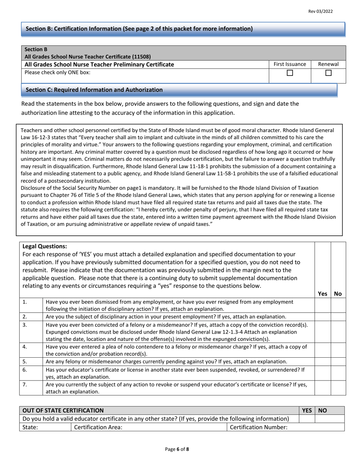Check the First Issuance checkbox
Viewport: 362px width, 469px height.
point(290,73)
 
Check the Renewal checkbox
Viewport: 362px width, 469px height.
point(328,73)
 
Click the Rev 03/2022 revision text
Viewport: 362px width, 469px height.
point(320,11)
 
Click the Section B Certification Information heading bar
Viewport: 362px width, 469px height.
point(183,29)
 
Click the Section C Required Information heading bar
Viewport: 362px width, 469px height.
point(179,90)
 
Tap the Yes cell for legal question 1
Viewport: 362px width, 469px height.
point(322,305)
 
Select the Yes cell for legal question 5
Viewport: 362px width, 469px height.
point(322,361)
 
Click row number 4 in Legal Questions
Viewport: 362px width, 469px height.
point(25,347)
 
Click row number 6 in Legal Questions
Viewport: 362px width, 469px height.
point(25,369)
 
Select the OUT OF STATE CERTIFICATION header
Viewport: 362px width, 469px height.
point(63,410)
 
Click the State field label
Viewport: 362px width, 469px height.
point(30,427)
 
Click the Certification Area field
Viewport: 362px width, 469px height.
point(149,427)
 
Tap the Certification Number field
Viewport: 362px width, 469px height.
point(286,427)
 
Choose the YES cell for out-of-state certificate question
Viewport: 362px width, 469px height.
point(307,419)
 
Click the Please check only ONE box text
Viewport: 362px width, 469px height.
point(58,72)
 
